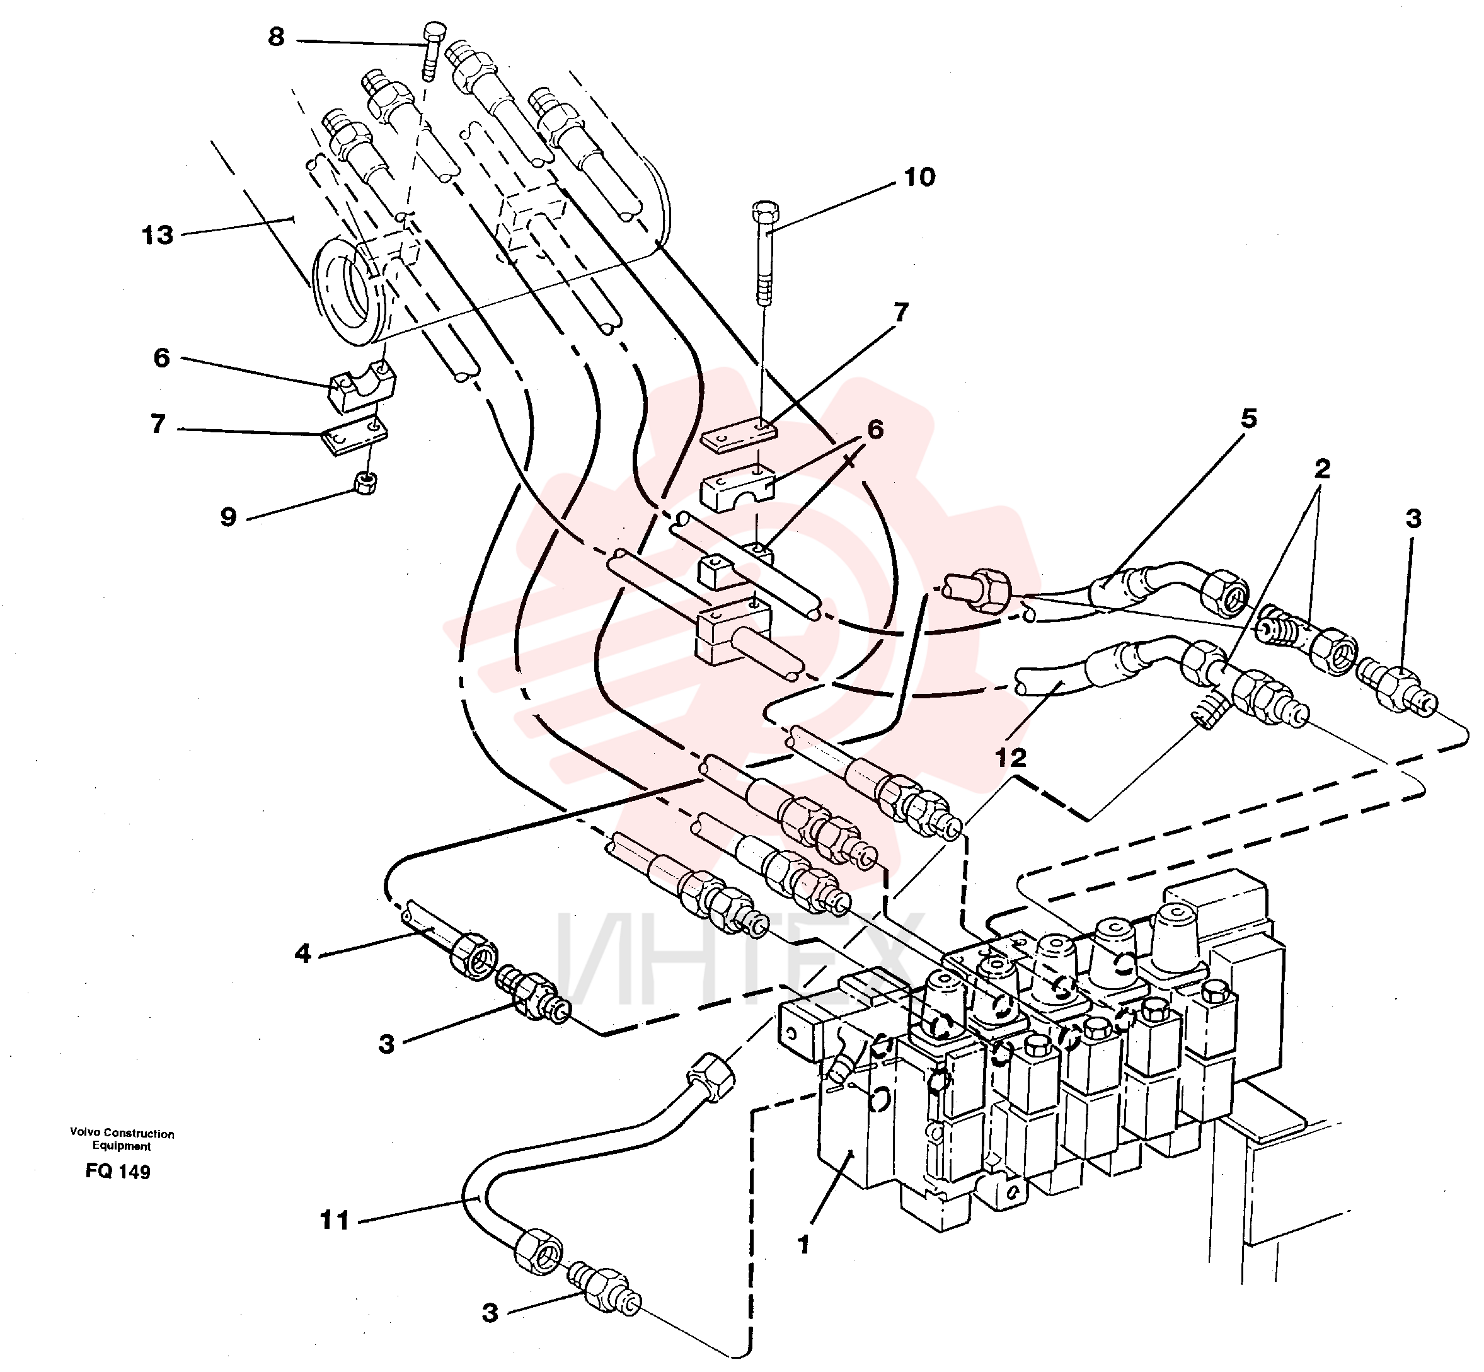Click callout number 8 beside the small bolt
(276, 37)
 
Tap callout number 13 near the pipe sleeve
(158, 235)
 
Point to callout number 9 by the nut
(228, 517)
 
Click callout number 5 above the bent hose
(1250, 418)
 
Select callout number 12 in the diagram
(1010, 758)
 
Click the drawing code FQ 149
(118, 1172)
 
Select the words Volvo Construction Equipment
(122, 1139)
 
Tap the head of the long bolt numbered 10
(764, 211)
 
